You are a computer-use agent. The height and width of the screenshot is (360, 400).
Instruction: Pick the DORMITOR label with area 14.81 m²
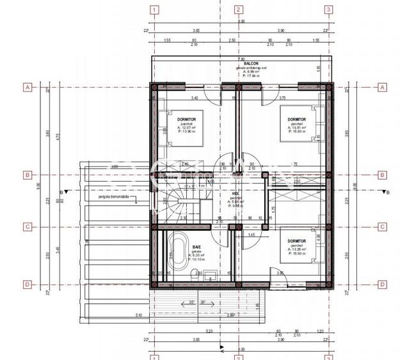(296, 119)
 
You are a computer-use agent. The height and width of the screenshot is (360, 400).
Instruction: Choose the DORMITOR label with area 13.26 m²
(296, 240)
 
